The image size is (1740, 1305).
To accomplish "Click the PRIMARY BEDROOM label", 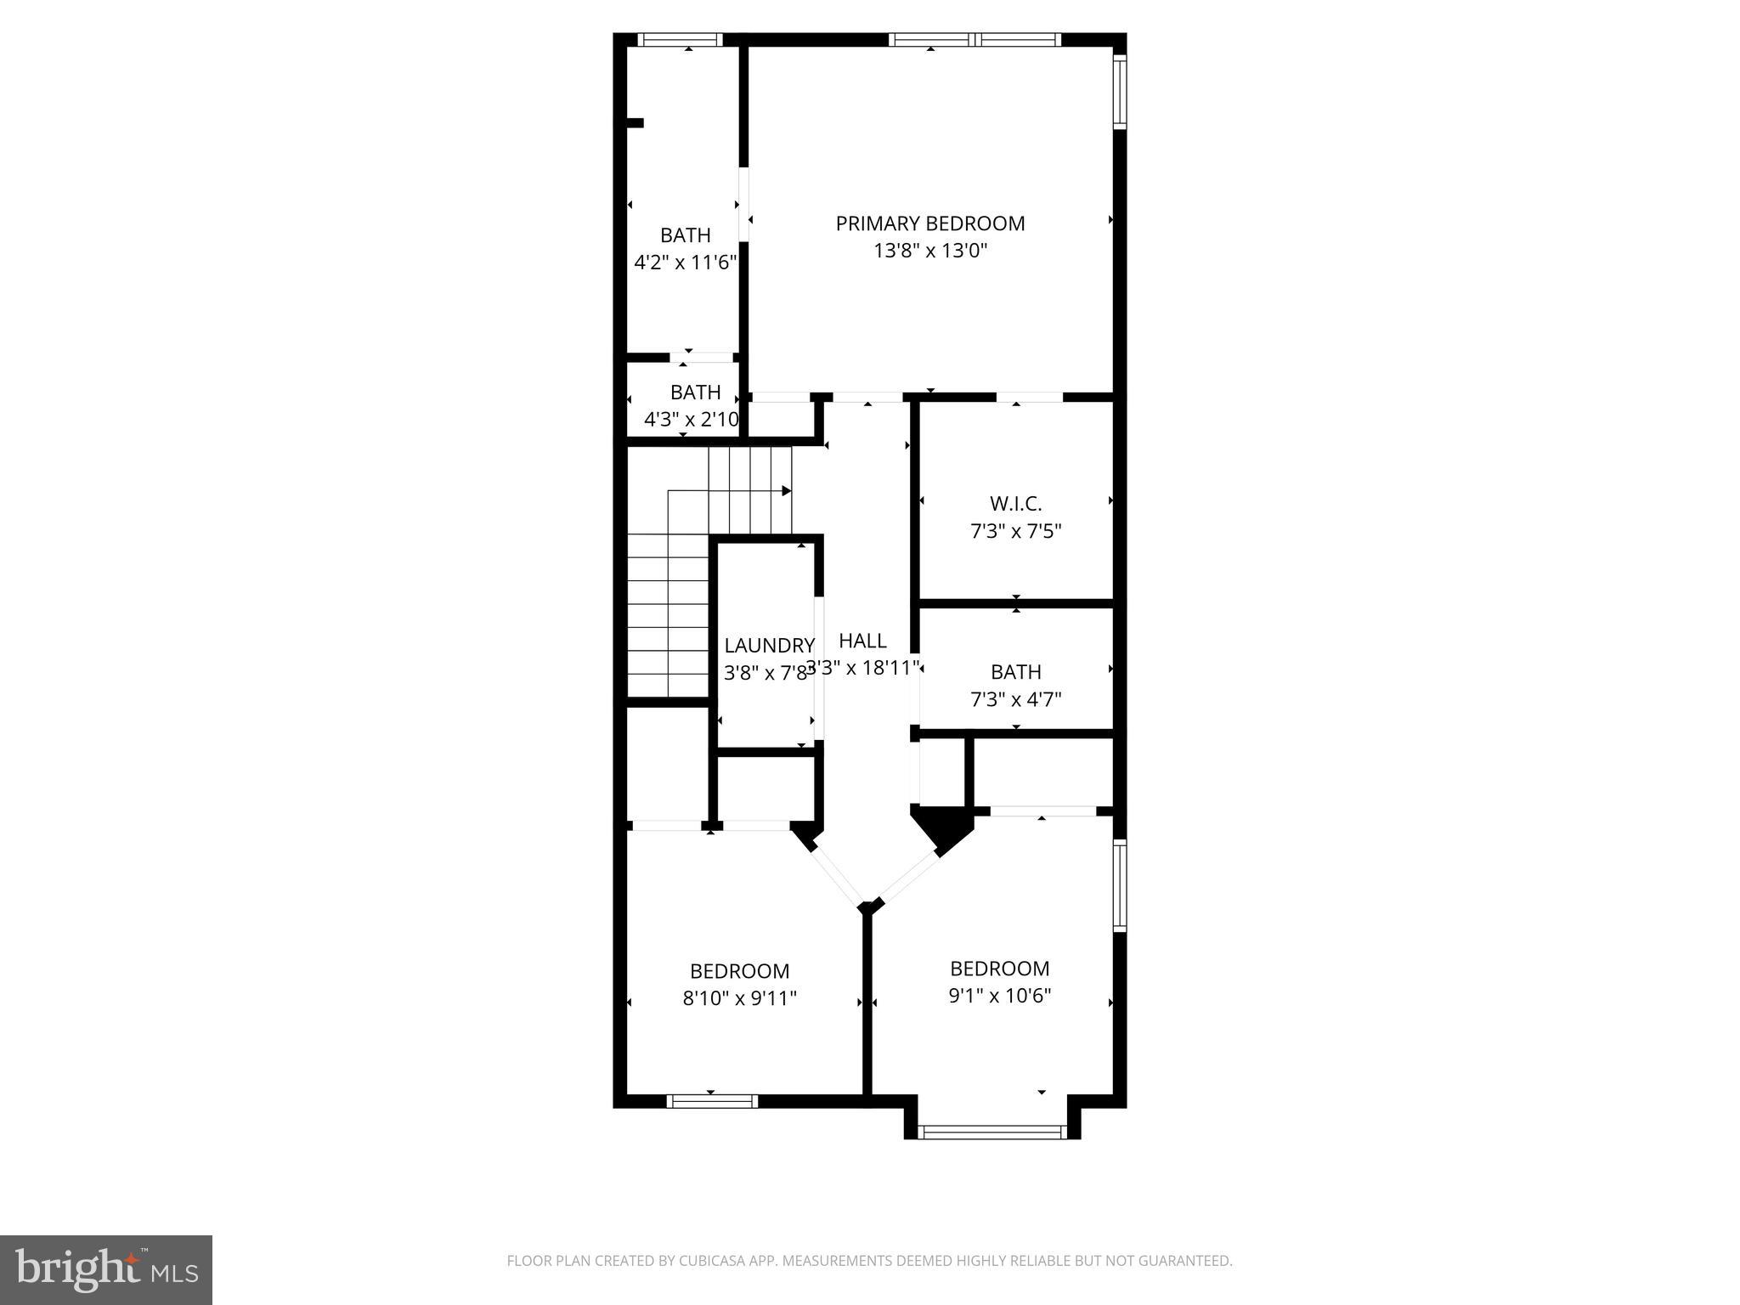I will coord(930,223).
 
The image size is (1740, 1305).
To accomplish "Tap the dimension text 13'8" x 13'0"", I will coord(930,251).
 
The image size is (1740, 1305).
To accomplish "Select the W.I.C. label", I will coord(1015,504).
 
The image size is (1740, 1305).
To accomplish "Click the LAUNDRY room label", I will coord(769,646).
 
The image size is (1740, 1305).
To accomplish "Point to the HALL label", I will coord(862,641).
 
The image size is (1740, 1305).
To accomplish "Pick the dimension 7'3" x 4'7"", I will coord(1015,699).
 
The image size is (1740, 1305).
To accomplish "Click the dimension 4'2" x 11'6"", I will coord(685,262).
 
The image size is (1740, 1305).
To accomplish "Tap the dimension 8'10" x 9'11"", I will coord(739,997).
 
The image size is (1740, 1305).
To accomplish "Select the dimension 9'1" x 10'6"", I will coord(999,995).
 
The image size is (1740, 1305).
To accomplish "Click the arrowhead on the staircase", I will coord(787,491).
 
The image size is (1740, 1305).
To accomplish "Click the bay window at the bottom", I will coord(992,1131).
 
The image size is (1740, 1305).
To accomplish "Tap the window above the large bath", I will coord(680,39).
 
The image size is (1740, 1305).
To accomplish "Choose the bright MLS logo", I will coord(106,1269).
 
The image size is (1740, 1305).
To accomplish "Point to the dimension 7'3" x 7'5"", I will coord(1015,532).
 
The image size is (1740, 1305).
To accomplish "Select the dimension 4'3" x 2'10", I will coord(692,420).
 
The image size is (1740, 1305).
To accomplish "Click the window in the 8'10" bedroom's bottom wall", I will coord(711,1101).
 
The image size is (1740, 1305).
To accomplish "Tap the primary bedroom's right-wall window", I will coord(1120,91).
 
